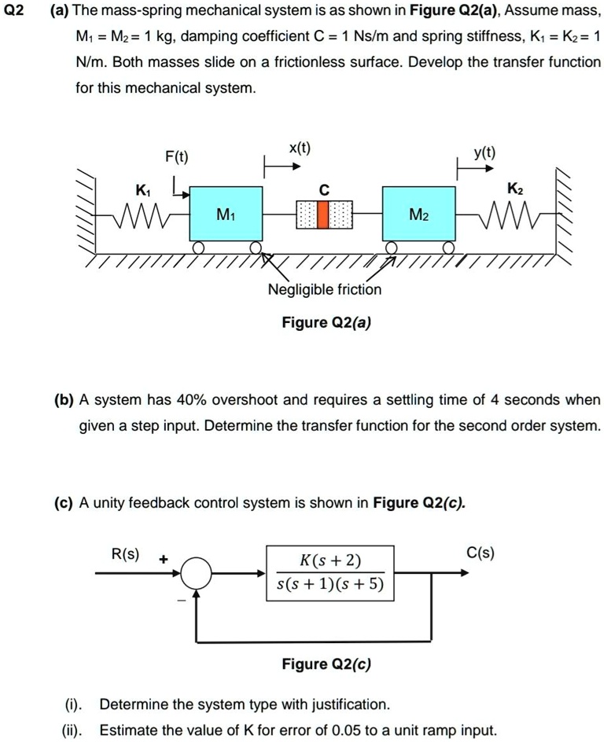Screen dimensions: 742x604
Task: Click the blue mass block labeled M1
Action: coord(226,214)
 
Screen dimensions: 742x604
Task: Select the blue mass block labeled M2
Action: coord(419,214)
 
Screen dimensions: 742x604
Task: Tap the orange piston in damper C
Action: coord(323,214)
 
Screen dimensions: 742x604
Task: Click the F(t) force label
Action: coord(176,156)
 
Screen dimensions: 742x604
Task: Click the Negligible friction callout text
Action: coord(325,289)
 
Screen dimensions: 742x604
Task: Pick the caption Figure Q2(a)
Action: coord(325,322)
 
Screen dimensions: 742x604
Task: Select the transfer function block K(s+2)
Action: coord(330,573)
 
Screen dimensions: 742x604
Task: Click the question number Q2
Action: coord(17,11)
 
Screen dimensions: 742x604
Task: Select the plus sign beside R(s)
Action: coord(163,560)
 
